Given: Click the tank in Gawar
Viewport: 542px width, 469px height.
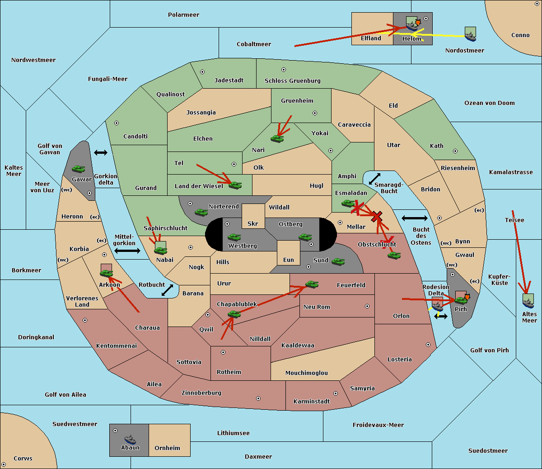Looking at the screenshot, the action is point(79,169).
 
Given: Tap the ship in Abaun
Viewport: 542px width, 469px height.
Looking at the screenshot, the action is point(130,439).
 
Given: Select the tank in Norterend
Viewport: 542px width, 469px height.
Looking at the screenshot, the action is point(201,212).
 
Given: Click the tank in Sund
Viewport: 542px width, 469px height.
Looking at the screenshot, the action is point(338,261).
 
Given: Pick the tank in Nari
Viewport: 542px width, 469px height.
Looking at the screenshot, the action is point(277,139).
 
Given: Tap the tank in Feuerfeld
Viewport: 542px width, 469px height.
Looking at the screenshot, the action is point(312,284).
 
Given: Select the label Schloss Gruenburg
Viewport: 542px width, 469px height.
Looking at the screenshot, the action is point(292,81).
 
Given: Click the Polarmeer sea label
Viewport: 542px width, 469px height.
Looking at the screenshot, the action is point(183,15).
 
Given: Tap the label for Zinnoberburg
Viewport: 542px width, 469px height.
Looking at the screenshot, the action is point(201,393).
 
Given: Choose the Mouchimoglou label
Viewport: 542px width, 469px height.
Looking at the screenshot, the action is point(307,373).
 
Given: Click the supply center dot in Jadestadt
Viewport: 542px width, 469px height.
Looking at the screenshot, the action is point(202,72).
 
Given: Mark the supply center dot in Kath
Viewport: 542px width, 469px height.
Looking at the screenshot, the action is point(455,151).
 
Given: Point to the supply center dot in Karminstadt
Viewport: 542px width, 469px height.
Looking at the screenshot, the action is point(336,393).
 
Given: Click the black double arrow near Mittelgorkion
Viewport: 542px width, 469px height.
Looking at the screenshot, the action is point(127,251).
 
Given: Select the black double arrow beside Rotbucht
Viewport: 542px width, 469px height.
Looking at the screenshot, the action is point(167,290).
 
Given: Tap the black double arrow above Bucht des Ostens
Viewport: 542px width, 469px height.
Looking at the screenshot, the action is point(415,218).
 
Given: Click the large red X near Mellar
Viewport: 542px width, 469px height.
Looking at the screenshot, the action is point(377,217).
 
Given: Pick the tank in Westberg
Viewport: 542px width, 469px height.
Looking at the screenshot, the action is point(234,237).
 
